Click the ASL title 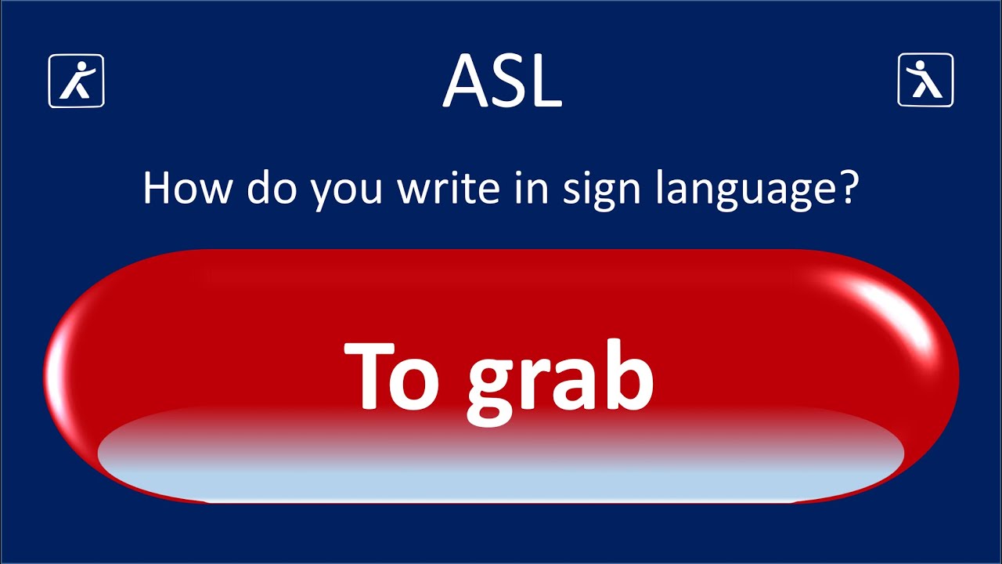(x=502, y=81)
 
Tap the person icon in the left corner (x=77, y=80)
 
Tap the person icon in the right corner (x=925, y=80)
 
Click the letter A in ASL (x=467, y=81)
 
